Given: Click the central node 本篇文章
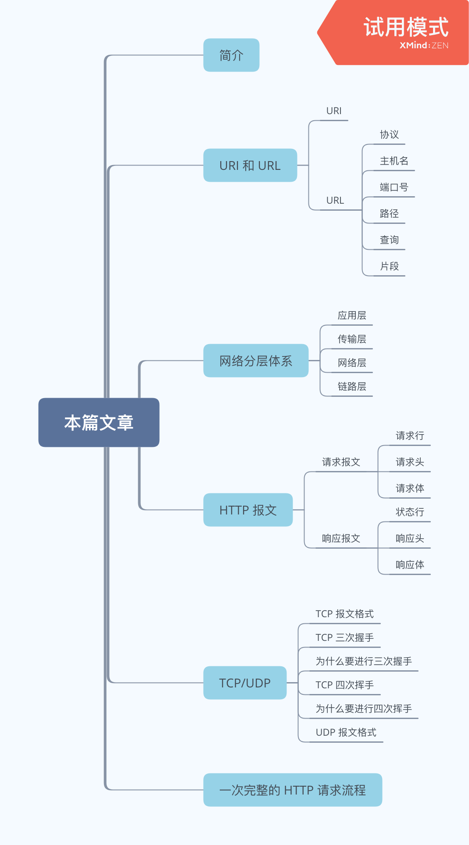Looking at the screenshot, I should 99,422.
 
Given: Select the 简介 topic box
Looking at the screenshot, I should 231,55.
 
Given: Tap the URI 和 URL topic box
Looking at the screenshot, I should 250,165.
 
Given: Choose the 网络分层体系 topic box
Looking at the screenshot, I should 256,361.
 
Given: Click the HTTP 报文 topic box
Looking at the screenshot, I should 248,510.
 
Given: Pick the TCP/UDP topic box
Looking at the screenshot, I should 245,683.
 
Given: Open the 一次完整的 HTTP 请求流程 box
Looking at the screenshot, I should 293,790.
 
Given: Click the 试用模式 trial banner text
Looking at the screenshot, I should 406,27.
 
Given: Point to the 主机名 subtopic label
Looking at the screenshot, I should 394,161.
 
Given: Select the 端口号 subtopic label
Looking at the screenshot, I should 394,187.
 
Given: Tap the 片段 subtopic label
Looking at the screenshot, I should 389,266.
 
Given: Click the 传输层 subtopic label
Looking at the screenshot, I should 352,339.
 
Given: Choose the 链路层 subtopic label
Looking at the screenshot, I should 352,387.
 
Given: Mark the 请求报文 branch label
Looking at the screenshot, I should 341,462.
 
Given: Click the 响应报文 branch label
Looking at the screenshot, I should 341,539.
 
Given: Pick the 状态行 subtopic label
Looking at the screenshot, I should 410,512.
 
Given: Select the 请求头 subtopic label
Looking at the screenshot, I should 410,462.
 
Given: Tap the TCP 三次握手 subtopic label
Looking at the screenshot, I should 344,638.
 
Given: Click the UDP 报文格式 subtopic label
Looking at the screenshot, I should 346,733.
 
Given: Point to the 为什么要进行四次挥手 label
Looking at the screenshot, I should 364,709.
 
